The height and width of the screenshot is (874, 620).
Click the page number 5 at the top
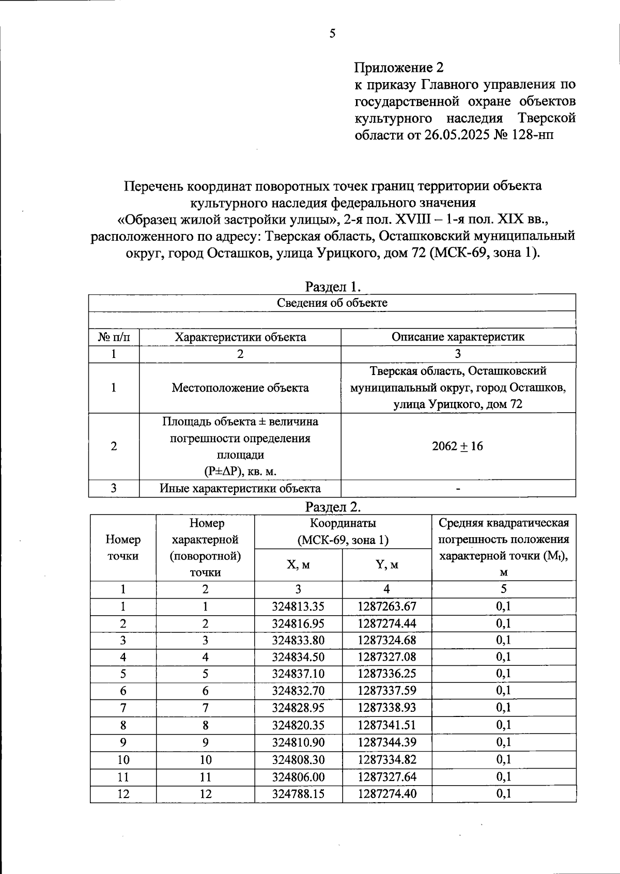333,34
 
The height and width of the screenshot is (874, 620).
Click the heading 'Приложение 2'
399,68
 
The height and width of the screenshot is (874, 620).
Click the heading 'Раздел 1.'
333,287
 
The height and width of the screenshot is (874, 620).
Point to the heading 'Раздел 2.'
333,507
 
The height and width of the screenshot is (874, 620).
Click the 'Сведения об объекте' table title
332,303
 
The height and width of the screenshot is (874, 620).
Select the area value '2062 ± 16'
458,446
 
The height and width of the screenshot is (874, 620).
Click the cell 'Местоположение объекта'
240,387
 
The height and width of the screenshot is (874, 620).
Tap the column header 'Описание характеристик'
458,337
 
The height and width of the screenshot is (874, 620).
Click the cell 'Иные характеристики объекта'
240,488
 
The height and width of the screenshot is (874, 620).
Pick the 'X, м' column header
298,565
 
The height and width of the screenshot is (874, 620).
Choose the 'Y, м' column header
386,565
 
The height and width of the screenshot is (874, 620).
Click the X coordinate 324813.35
298,606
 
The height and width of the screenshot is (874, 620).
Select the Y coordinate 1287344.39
386,742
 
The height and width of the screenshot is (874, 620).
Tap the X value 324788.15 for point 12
298,793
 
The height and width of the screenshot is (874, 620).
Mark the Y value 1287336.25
386,674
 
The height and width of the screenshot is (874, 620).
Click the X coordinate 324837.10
298,674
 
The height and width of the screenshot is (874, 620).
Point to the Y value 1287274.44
386,623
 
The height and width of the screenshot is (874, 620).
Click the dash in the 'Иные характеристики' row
458,489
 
